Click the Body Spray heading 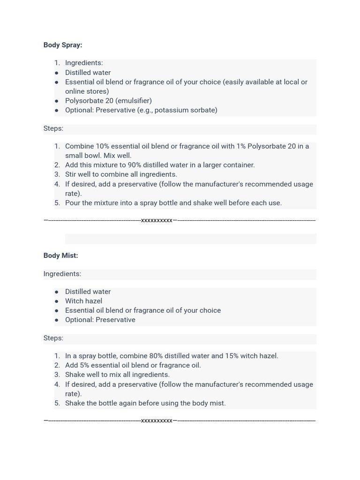pos(62,45)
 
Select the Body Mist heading pos(60,255)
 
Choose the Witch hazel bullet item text pos(83,301)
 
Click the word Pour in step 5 pos(73,203)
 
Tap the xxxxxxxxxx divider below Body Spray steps pos(157,220)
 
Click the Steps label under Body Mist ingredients pos(53,338)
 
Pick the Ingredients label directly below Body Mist pos(62,274)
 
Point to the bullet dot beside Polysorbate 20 pos(57,101)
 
